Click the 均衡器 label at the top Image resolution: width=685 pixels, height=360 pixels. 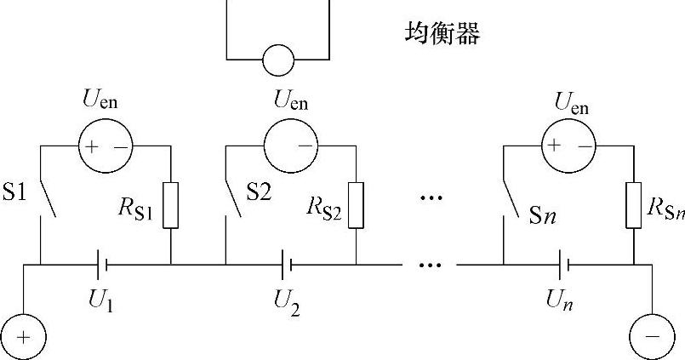(442, 35)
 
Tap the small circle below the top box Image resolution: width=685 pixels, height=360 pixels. (277, 60)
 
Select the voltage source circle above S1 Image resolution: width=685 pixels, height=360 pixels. (105, 146)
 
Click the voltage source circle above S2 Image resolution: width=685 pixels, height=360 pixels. (290, 146)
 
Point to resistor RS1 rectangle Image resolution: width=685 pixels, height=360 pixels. (171, 204)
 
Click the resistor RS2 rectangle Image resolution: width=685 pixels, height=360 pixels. (356, 205)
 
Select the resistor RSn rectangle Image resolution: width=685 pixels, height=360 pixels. (634, 204)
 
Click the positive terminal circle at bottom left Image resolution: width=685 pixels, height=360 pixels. (23, 336)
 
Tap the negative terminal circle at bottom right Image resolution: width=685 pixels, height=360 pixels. (652, 336)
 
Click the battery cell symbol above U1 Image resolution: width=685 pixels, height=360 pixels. (102, 265)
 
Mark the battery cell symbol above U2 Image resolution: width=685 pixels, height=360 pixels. (287, 265)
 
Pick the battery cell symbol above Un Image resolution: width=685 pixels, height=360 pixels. (564, 265)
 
